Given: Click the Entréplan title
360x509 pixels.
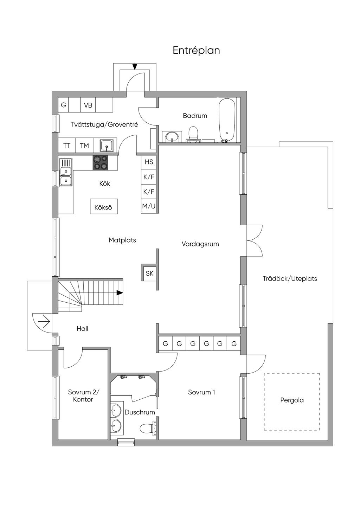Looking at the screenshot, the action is click(x=196, y=51).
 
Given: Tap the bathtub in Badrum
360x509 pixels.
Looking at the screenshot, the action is click(x=227, y=120).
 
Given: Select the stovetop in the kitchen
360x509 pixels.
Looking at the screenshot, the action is click(x=100, y=162).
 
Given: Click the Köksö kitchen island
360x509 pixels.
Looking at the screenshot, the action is click(x=104, y=206).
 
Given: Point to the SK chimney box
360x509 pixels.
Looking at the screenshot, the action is click(x=149, y=273).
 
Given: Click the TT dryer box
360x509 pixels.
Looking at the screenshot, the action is click(x=67, y=145).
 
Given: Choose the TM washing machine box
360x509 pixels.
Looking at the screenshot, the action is click(x=84, y=145).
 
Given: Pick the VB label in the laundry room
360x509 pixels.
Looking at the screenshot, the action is click(x=88, y=105).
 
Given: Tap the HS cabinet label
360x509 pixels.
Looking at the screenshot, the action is click(x=149, y=162).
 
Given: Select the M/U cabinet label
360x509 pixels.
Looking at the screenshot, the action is click(x=149, y=206).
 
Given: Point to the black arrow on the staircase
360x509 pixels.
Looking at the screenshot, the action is click(x=120, y=293).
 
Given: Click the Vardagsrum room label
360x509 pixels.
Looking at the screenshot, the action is click(x=200, y=244).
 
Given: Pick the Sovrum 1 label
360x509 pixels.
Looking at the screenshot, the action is click(x=201, y=392).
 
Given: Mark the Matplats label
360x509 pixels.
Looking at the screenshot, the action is click(x=122, y=240).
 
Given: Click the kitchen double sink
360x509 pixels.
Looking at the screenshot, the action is click(x=66, y=172).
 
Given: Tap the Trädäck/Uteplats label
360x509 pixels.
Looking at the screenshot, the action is click(x=290, y=278).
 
